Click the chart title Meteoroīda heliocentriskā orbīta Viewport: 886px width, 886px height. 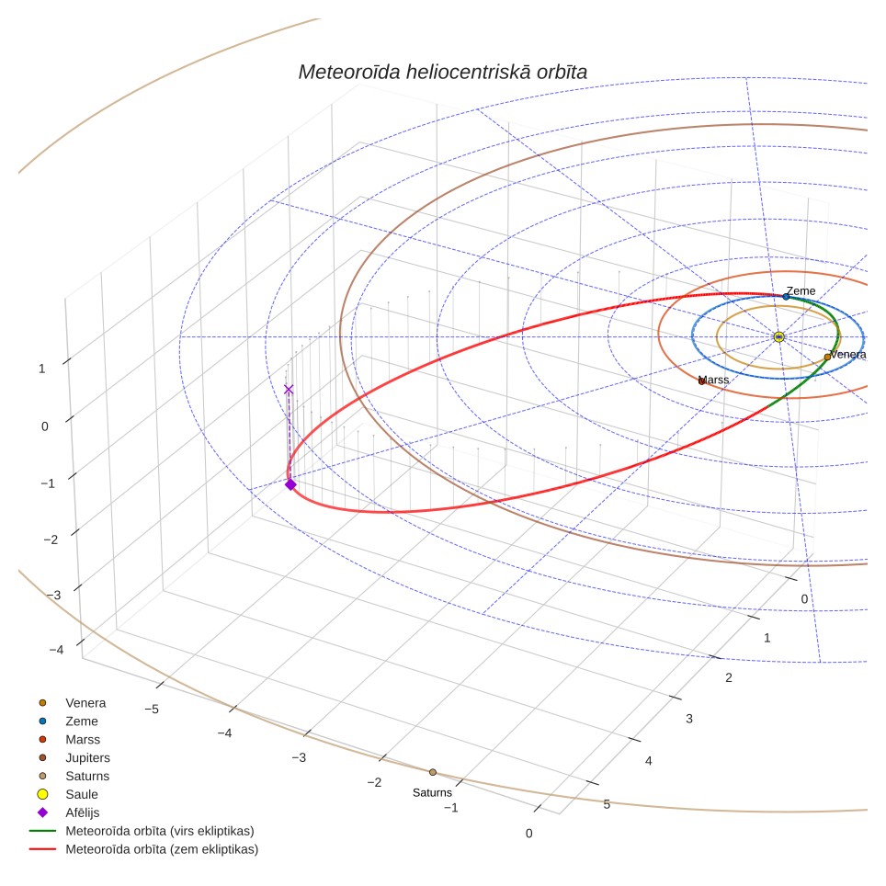click(442, 72)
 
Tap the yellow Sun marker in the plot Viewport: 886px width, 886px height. click(778, 336)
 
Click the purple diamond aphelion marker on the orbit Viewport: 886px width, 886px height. click(290, 484)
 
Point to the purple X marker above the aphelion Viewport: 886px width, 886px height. click(289, 390)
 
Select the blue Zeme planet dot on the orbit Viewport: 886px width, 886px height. click(786, 297)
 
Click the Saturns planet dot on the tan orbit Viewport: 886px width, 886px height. click(433, 772)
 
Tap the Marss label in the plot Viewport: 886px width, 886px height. click(713, 380)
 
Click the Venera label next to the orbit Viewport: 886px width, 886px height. click(847, 354)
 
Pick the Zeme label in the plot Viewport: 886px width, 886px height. click(801, 290)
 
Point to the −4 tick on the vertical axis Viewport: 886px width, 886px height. click(56, 649)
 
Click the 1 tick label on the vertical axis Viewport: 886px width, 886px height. click(41, 369)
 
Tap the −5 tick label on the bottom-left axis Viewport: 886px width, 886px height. click(152, 709)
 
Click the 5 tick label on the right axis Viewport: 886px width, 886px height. click(607, 804)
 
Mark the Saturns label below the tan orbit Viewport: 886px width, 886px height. click(432, 792)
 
